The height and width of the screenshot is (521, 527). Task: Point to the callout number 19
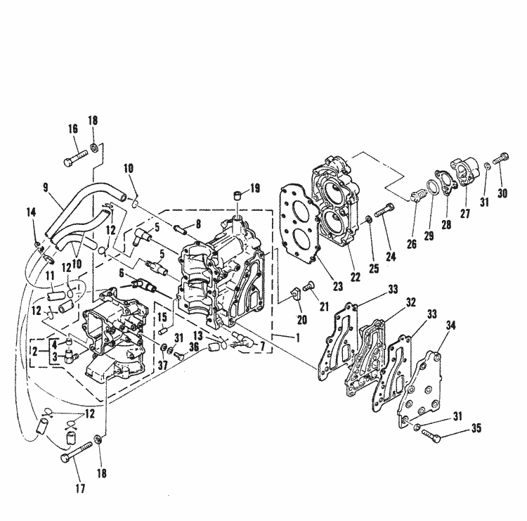click(254, 188)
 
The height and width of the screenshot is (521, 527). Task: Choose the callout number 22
click(356, 276)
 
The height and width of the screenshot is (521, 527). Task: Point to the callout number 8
click(198, 225)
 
